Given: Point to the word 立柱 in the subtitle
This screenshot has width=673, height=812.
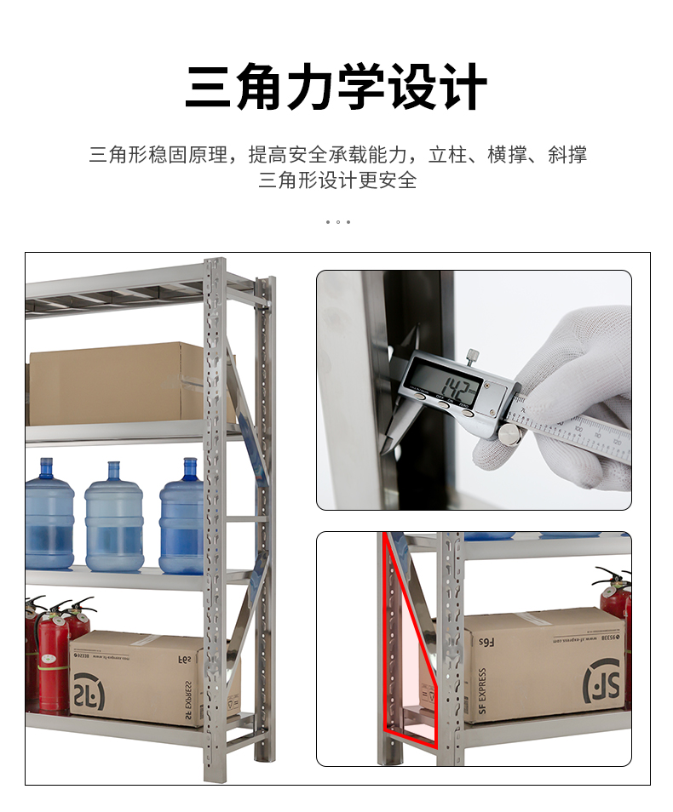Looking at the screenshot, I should [x=448, y=155].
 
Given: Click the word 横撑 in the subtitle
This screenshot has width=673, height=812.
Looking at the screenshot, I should [x=507, y=155].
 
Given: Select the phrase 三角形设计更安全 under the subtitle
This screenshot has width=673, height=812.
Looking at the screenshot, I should [x=337, y=180].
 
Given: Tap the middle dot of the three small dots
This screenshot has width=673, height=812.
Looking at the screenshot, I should [x=337, y=222].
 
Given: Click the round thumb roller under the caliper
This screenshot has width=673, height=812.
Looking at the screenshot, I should [x=509, y=435].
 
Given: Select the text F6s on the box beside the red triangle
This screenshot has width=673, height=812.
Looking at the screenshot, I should [x=486, y=641].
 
